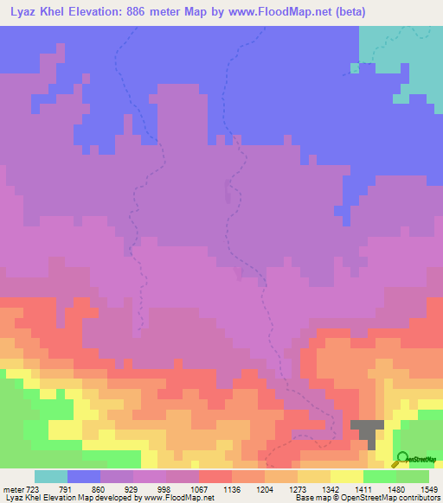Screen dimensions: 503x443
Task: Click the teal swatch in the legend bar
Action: coord(51,476)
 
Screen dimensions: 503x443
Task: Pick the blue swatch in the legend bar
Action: coord(84,476)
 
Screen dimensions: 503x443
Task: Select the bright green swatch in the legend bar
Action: coord(380,476)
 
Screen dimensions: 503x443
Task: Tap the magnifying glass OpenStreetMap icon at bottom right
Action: coord(403,459)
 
